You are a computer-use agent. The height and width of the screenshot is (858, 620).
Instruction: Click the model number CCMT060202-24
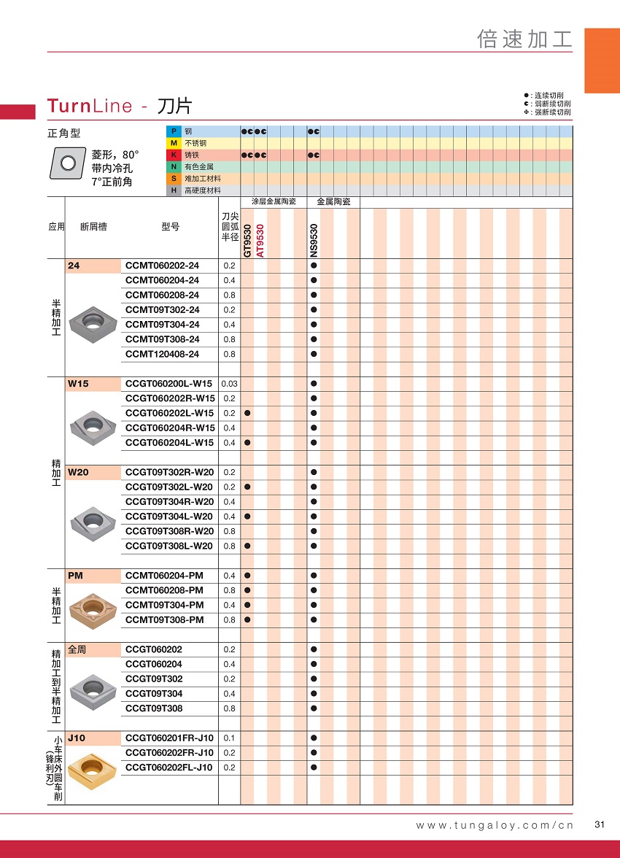click(x=162, y=266)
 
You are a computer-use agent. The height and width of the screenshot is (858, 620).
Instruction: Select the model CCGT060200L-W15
click(x=168, y=384)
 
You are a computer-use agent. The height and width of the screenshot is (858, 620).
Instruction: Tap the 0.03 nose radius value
click(x=229, y=384)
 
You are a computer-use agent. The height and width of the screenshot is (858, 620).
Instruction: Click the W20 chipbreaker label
click(x=78, y=473)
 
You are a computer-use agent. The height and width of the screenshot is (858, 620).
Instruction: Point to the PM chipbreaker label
click(x=75, y=576)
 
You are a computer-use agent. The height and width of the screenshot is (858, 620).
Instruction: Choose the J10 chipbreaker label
click(x=77, y=738)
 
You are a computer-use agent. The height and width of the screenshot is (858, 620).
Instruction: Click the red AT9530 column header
click(x=260, y=240)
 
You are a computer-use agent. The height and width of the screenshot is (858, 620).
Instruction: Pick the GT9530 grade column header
click(x=247, y=240)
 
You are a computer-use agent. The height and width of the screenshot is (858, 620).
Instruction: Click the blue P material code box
click(x=174, y=131)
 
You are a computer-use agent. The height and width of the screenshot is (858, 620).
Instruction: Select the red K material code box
click(x=174, y=155)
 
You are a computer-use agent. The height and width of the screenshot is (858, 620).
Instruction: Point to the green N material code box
click(x=174, y=167)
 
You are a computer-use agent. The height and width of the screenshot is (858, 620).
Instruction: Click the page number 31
click(x=600, y=825)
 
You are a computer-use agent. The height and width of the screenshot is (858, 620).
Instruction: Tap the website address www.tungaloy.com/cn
click(x=495, y=825)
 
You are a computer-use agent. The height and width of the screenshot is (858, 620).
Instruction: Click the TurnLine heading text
click(x=90, y=107)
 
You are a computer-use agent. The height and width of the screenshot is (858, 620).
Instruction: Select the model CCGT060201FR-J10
click(x=169, y=738)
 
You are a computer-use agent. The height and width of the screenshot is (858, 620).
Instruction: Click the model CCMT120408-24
click(x=162, y=355)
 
